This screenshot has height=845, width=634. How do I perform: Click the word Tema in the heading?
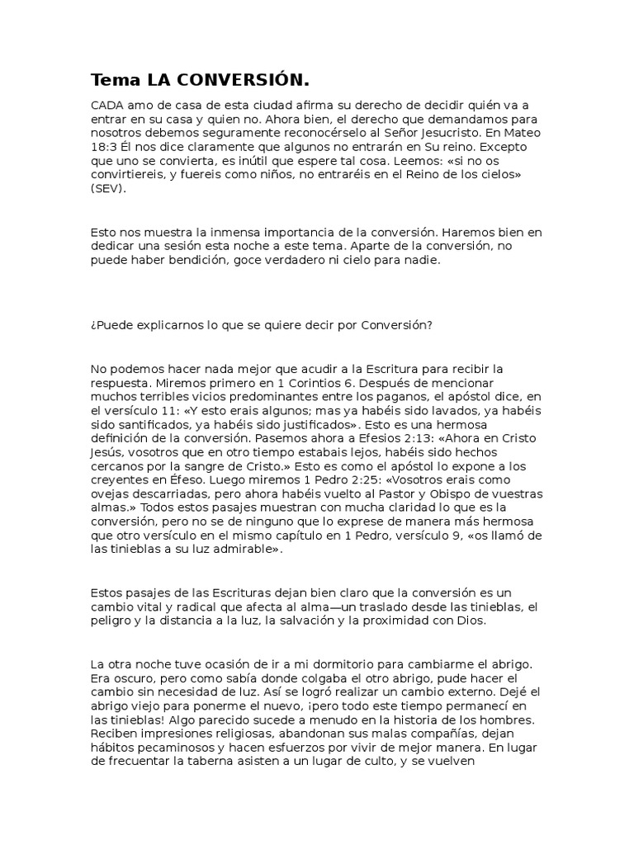point(116,80)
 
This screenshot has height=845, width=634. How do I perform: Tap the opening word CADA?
point(106,105)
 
